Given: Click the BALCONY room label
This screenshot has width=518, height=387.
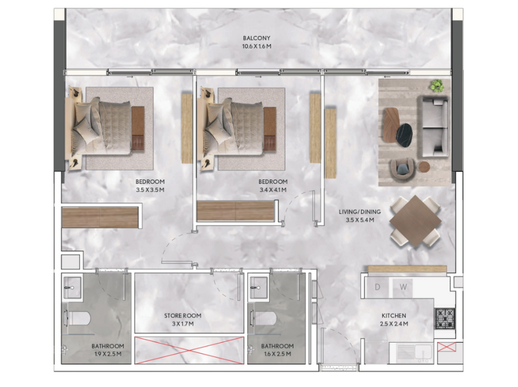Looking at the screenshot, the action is pos(256,38).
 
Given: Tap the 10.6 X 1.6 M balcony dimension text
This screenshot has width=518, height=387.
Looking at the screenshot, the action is pos(256,46).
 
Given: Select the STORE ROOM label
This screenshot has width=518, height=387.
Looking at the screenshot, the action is pos(183,316).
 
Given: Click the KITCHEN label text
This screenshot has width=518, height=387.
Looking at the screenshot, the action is pos(394,316).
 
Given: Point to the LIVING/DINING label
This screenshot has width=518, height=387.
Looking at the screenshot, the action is pos(360,212).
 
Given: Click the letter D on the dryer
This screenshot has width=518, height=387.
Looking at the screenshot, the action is pos(377,287).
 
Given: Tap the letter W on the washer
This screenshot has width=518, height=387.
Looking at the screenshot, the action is pos(403,287).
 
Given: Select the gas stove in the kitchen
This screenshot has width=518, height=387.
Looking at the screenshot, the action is pos(445,319).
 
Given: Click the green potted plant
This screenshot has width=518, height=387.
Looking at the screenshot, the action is pos(437,86).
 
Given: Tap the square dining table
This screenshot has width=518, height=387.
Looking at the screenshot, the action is pos(415,221).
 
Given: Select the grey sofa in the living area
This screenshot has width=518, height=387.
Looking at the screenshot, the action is pos(435,127).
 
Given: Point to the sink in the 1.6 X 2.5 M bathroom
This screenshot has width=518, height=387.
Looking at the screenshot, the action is pos(258,287).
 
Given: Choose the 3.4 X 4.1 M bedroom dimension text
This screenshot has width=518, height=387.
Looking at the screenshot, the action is pos(273,190).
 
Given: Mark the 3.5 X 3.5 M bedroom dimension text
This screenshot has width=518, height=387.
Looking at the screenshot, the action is pos(150,190).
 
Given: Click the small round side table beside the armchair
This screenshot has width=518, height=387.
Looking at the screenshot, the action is pos(424,167).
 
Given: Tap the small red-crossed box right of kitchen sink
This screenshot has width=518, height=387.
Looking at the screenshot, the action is pos(447,347).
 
